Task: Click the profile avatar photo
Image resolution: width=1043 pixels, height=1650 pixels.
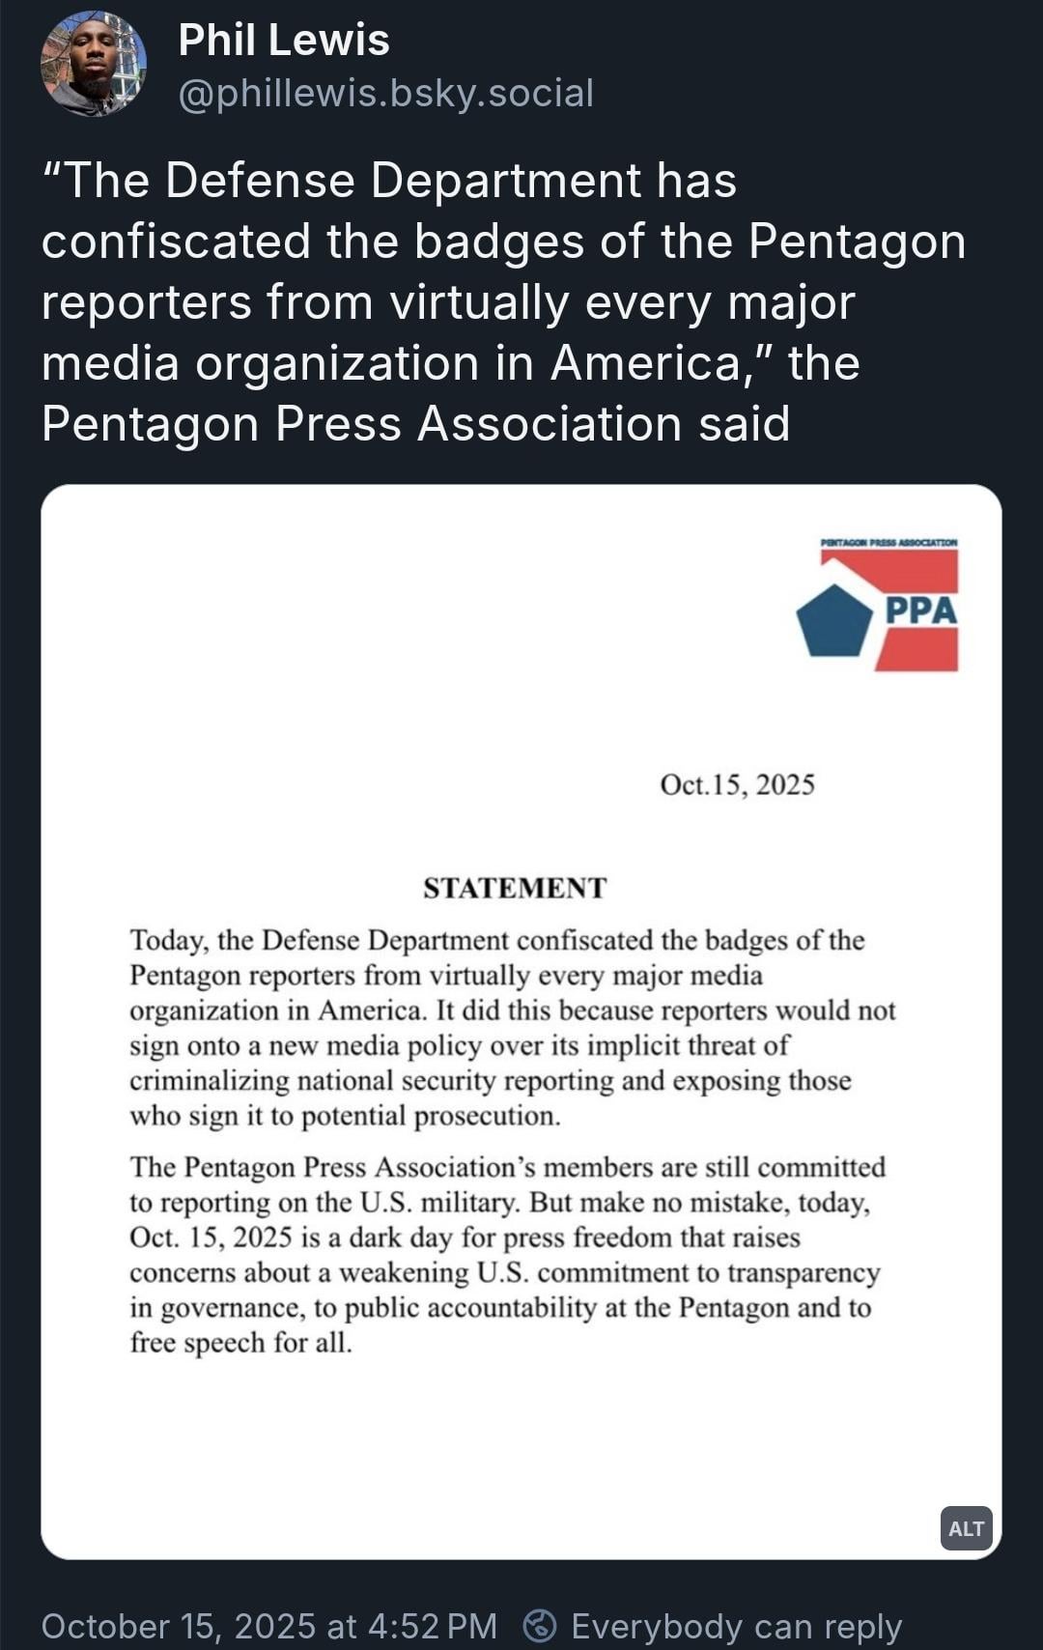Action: [x=93, y=64]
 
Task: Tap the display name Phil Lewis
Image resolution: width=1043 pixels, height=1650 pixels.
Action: [x=284, y=41]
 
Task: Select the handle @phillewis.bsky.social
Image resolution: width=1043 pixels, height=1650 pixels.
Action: [x=385, y=94]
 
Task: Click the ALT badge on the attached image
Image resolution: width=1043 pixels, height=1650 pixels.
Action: [x=966, y=1528]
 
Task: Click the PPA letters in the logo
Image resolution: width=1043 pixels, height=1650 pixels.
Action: [x=920, y=611]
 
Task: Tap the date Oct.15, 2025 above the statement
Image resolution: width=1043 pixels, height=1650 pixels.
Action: [x=737, y=784]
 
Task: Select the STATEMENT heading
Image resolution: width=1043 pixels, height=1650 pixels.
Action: [x=515, y=888]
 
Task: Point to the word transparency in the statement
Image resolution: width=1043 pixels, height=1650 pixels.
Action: [x=803, y=1272]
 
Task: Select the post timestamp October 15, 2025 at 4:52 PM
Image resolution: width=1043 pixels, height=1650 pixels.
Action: [x=268, y=1626]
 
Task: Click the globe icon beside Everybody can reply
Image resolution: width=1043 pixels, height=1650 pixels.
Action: [x=539, y=1626]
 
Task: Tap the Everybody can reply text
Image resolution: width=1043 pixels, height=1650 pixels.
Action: [x=736, y=1626]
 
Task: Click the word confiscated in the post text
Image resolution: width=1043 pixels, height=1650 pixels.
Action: [x=176, y=242]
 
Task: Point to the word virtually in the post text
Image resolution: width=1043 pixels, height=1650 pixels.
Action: [x=479, y=302]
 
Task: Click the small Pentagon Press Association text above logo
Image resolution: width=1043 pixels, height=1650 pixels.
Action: [x=888, y=543]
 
